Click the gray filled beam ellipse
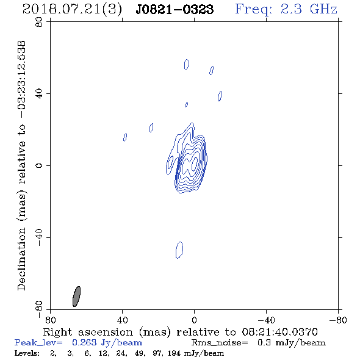[76, 297]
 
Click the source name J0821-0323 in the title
[175, 9]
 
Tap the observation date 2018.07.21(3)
[72, 10]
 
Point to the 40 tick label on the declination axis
[39, 94]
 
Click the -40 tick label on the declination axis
[39, 237]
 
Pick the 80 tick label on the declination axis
[39, 23]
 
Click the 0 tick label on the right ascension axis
[194, 320]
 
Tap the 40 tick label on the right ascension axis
[122, 320]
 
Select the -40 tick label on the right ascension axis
[266, 320]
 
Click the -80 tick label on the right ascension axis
[338, 320]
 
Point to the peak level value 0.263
[84, 342]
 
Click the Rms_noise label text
[220, 343]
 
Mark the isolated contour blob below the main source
[179, 250]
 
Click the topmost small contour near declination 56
[187, 65]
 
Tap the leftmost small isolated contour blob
[125, 137]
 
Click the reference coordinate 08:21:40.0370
[279, 332]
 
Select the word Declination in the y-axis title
[21, 259]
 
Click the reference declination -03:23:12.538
[21, 79]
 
